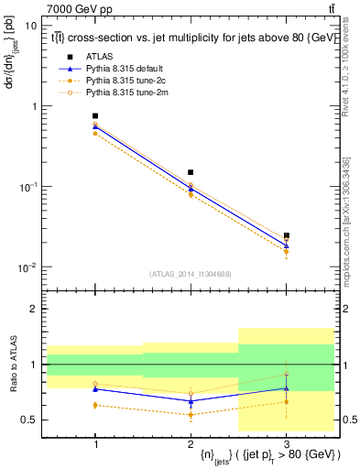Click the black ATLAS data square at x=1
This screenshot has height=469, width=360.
95,116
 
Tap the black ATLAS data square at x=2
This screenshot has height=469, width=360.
191,172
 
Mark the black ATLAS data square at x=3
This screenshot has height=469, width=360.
286,235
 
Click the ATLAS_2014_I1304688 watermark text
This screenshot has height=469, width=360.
191,274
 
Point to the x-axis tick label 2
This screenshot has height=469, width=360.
191,442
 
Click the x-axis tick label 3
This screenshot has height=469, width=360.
286,442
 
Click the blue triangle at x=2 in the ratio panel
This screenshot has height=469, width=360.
191,401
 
